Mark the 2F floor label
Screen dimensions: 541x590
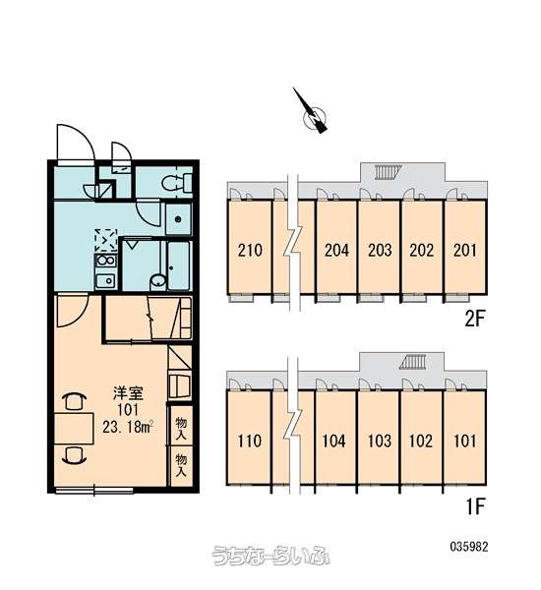474,319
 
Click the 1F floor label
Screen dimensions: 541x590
475,506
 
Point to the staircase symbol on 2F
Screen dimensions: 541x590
387,172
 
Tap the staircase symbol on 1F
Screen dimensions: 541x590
413,362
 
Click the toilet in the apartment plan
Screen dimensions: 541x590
177,183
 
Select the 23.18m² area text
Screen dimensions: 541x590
128,427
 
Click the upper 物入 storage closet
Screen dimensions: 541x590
181,428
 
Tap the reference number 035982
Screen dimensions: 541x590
469,547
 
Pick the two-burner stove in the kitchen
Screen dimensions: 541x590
106,261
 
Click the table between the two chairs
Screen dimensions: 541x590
74,429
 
